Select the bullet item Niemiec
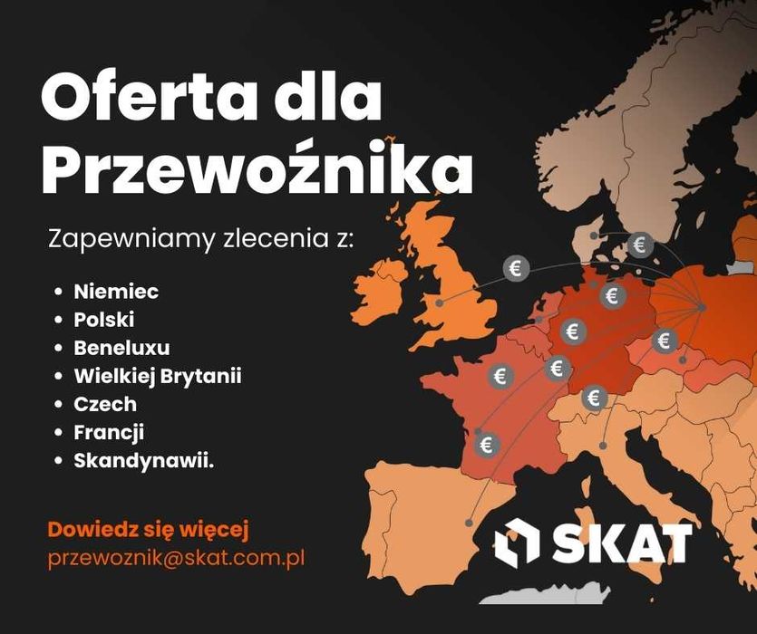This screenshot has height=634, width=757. click(x=116, y=292)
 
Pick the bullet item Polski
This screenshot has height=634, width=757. click(x=104, y=320)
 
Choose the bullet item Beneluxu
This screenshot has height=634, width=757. click(x=121, y=348)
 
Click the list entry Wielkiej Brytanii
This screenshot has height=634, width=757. click(x=158, y=376)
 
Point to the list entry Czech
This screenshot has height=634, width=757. click(x=105, y=404)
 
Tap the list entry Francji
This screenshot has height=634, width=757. click(x=109, y=432)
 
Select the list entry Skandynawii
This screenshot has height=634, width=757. click(x=143, y=460)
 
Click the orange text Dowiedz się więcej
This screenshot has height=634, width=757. click(x=148, y=529)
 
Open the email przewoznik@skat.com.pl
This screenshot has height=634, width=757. click(x=176, y=558)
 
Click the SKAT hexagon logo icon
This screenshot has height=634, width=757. click(x=516, y=543)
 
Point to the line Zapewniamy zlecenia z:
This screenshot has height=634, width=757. click(x=201, y=241)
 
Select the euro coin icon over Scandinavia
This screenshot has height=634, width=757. click(x=641, y=245)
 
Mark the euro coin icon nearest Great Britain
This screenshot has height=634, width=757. click(x=517, y=268)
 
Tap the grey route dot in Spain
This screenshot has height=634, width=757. click(x=469, y=523)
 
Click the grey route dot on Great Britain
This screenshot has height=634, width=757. click(x=440, y=303)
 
